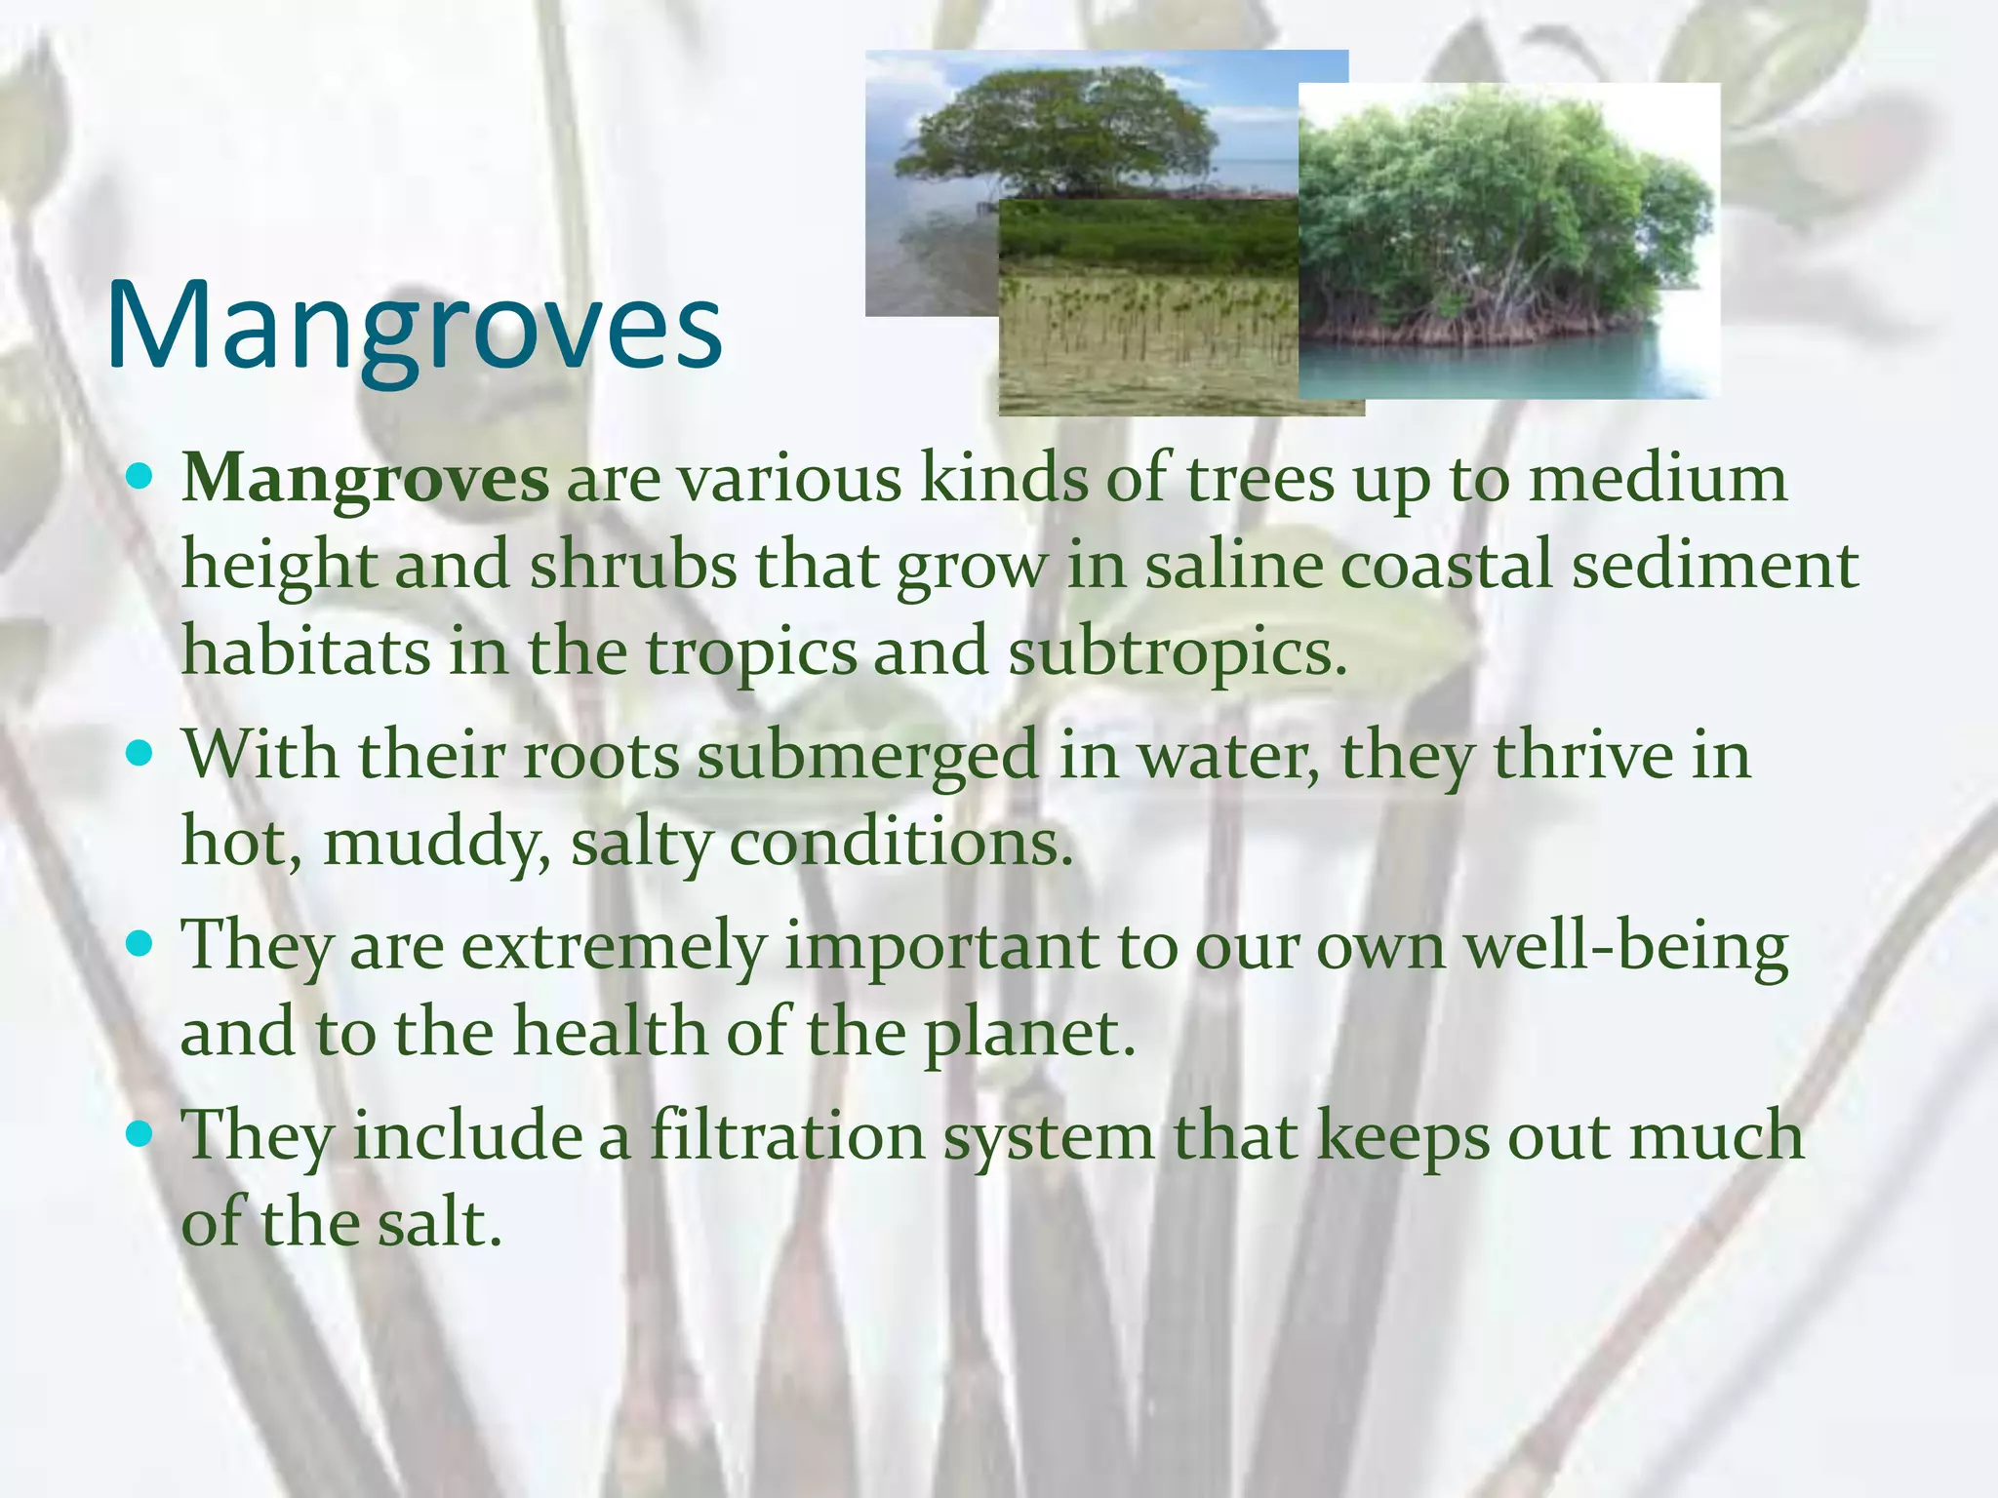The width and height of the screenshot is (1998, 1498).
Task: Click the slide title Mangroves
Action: (x=414, y=327)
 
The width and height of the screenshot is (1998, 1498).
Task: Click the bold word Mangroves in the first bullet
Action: (x=365, y=480)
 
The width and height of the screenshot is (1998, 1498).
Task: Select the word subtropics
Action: (x=1176, y=651)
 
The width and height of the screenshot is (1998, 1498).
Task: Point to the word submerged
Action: (x=867, y=756)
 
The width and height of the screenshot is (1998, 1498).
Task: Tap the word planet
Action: (x=1029, y=1032)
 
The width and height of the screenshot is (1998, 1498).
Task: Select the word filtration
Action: (x=786, y=1136)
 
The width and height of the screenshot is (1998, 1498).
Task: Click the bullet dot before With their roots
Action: (x=140, y=753)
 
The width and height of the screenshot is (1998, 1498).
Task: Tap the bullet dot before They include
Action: (x=140, y=1133)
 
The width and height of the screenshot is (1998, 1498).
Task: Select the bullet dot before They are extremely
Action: (x=140, y=943)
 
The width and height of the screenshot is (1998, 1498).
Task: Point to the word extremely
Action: (x=613, y=946)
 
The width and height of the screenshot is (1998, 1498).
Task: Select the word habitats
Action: (x=305, y=651)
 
